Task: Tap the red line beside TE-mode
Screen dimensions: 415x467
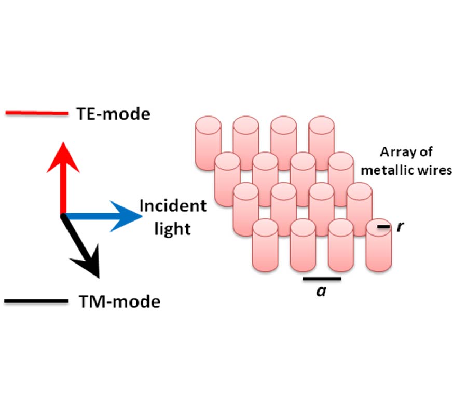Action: pyautogui.click(x=36, y=113)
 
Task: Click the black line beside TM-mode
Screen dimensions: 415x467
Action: pyautogui.click(x=36, y=301)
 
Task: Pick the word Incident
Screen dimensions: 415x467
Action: pyautogui.click(x=173, y=206)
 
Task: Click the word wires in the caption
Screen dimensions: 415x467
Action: pyautogui.click(x=436, y=170)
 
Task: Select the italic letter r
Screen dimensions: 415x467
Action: pyautogui.click(x=399, y=226)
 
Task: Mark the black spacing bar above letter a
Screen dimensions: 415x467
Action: pyautogui.click(x=321, y=279)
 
